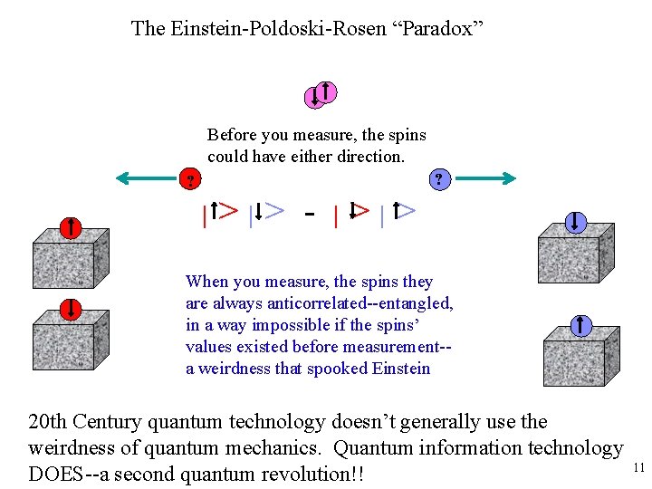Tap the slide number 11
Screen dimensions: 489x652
coord(638,468)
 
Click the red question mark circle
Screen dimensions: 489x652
coord(190,180)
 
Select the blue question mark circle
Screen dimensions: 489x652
coord(439,179)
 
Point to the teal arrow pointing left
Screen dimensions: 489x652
coord(145,179)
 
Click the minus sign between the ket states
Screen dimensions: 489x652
coord(310,215)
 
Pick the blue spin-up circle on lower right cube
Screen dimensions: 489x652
coord(579,325)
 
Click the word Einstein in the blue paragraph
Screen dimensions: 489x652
coord(399,369)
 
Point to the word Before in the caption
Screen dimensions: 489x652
coord(232,135)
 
